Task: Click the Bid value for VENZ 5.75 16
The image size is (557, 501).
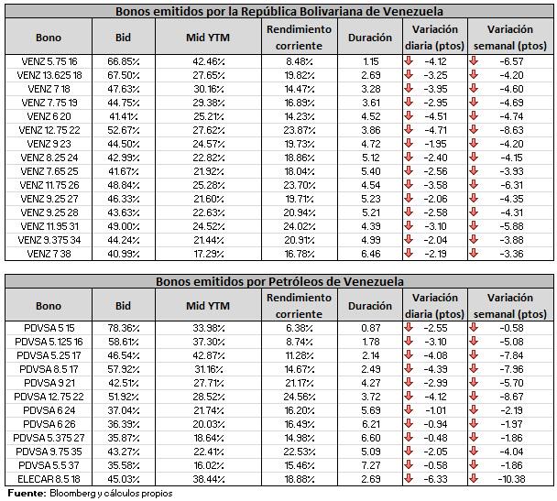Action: click(x=124, y=61)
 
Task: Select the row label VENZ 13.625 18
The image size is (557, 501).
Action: click(x=49, y=75)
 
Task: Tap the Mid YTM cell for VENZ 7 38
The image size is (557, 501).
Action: click(x=209, y=254)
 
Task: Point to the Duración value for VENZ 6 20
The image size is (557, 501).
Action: click(x=371, y=116)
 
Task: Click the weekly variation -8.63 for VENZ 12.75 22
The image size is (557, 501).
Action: click(x=511, y=130)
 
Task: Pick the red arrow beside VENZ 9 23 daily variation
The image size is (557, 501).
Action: click(x=409, y=144)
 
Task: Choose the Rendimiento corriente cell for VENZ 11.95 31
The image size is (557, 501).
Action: click(x=299, y=226)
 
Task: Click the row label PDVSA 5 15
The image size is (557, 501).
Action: click(x=49, y=328)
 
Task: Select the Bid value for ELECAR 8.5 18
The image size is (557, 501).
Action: click(x=124, y=479)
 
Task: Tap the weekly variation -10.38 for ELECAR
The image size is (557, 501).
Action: click(x=511, y=479)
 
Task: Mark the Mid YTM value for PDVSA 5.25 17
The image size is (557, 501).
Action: click(x=209, y=355)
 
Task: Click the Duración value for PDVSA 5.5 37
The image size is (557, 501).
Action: click(x=371, y=465)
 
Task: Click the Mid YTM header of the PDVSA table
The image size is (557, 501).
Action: click(x=208, y=306)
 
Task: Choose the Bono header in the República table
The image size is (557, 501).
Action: click(x=49, y=38)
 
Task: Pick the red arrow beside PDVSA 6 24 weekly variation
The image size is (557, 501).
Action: click(x=473, y=409)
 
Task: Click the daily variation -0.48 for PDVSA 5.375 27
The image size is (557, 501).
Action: click(x=436, y=438)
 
